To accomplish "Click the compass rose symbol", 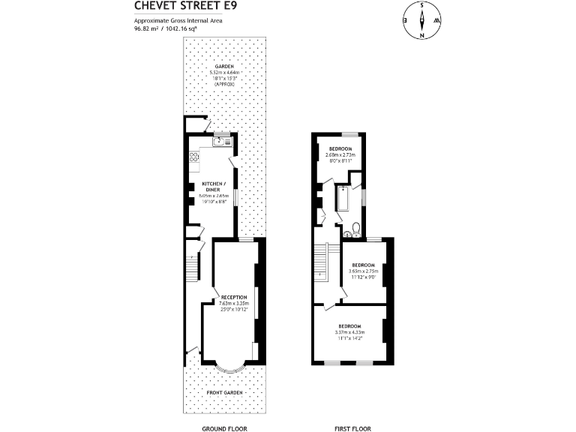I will tap(422, 20).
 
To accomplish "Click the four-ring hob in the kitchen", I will tap(193, 157).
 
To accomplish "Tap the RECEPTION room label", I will tap(233, 298).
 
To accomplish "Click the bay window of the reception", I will tap(231, 367).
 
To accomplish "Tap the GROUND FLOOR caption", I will tap(225, 428).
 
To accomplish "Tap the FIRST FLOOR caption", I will tap(352, 428).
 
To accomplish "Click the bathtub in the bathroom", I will tap(342, 201).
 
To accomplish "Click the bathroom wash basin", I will tap(346, 234).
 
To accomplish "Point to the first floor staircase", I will tap(322, 263).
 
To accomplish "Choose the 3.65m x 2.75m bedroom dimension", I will tap(364, 271).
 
